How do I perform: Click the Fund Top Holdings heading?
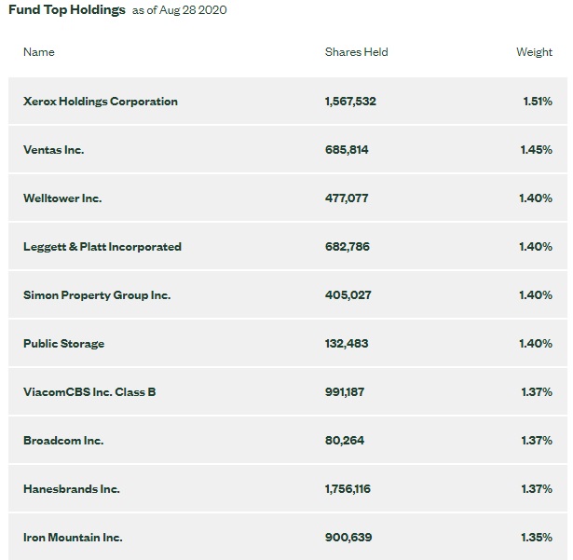coord(67,10)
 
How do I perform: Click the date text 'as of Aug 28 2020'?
coord(179,11)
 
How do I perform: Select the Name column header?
coord(39,52)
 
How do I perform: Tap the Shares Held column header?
coord(356,52)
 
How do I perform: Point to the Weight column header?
coord(534,52)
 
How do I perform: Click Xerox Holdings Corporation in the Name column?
coord(101,102)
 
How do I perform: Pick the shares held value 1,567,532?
coord(350,102)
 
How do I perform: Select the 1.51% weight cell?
coord(538,102)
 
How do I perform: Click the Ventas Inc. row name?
coord(54,150)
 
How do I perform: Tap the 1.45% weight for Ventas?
coord(537,150)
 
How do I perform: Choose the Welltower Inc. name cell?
coord(62,198)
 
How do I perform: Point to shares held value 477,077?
coord(347,198)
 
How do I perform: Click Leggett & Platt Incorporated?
coord(102,247)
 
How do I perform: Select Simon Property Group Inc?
coord(97,295)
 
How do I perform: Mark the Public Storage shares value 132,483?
coord(347,344)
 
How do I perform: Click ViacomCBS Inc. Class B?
coord(89,392)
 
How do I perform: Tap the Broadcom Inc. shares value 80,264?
coord(345,441)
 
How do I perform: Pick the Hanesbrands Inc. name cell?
coord(72,489)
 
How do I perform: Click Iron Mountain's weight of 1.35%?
coord(537,538)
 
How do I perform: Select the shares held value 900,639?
coord(348,538)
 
